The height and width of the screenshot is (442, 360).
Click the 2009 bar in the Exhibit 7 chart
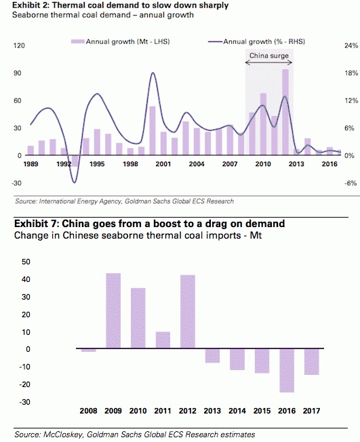pyautogui.click(x=113, y=310)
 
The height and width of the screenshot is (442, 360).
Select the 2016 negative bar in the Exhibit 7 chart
pyautogui.click(x=287, y=370)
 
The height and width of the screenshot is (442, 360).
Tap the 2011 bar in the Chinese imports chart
pyautogui.click(x=163, y=340)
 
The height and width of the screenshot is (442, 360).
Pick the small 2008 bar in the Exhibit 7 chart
pyautogui.click(x=89, y=350)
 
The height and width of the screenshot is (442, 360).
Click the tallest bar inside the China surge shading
pyautogui.click(x=285, y=112)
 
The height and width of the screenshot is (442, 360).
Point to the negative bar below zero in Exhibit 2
pyautogui.click(x=75, y=161)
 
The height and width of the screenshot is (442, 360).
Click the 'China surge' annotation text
pyautogui.click(x=269, y=56)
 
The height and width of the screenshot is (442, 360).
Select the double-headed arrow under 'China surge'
pyautogui.click(x=268, y=62)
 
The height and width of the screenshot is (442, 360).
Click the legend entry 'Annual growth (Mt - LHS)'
pyautogui.click(x=121, y=42)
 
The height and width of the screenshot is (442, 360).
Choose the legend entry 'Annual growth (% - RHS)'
pyautogui.click(x=256, y=42)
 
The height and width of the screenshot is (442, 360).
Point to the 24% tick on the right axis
pyautogui.click(x=351, y=45)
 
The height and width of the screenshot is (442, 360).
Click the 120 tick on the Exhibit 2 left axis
pyautogui.click(x=19, y=45)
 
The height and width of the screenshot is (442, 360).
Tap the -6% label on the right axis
pyautogui.click(x=351, y=183)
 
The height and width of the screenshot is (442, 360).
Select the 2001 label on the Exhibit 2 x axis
pyautogui.click(x=163, y=164)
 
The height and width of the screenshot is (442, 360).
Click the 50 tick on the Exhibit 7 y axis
pyautogui.click(x=26, y=262)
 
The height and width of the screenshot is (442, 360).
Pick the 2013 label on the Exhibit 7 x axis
pyautogui.click(x=212, y=411)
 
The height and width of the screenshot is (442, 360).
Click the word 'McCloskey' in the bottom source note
pyautogui.click(x=63, y=435)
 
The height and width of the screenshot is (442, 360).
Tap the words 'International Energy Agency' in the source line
pyautogui.click(x=81, y=201)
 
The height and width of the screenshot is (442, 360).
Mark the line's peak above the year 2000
pyautogui.click(x=153, y=73)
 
